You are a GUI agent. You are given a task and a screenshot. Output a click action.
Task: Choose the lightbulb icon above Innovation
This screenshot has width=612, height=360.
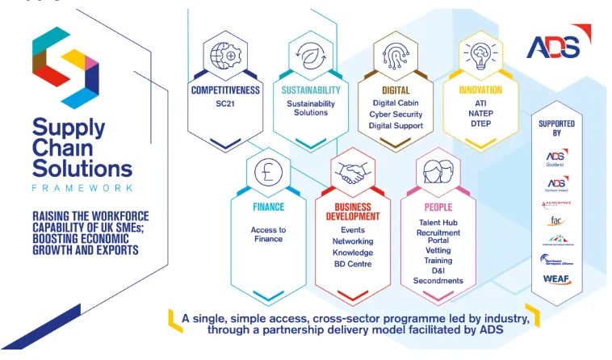click(x=481, y=54)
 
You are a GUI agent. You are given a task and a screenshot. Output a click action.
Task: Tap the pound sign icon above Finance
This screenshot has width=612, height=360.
click(x=267, y=172)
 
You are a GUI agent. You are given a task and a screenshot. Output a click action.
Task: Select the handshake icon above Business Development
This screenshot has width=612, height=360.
click(x=353, y=172)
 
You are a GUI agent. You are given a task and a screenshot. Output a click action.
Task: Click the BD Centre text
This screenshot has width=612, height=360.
click(x=353, y=264)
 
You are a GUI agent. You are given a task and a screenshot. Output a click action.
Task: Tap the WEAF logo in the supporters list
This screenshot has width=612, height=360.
click(x=556, y=279)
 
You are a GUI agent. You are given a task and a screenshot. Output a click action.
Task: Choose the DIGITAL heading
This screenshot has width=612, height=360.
click(x=396, y=90)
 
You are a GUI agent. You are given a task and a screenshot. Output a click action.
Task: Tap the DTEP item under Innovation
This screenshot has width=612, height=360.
click(x=480, y=126)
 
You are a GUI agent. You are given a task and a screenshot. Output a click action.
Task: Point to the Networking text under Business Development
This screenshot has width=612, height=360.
click(x=353, y=241)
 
